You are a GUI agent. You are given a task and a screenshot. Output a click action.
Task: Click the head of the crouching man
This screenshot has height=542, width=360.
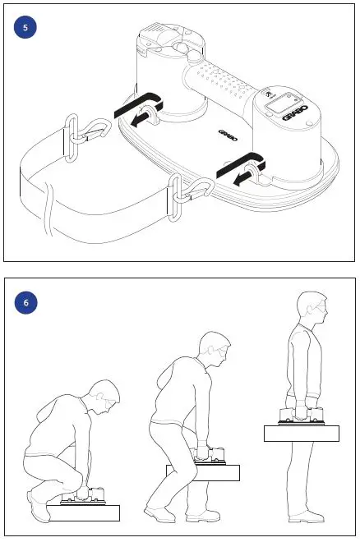(104, 397)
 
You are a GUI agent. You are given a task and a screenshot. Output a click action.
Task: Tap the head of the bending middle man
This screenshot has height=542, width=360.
(214, 349)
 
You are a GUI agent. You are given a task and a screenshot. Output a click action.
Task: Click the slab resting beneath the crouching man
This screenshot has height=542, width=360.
(85, 512)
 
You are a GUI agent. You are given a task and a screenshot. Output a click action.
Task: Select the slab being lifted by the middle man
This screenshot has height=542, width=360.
(202, 472)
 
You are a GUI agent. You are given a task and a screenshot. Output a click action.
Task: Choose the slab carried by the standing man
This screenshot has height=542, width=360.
(301, 432)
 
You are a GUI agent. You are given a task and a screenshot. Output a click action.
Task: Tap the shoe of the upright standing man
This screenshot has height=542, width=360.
(306, 517)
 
